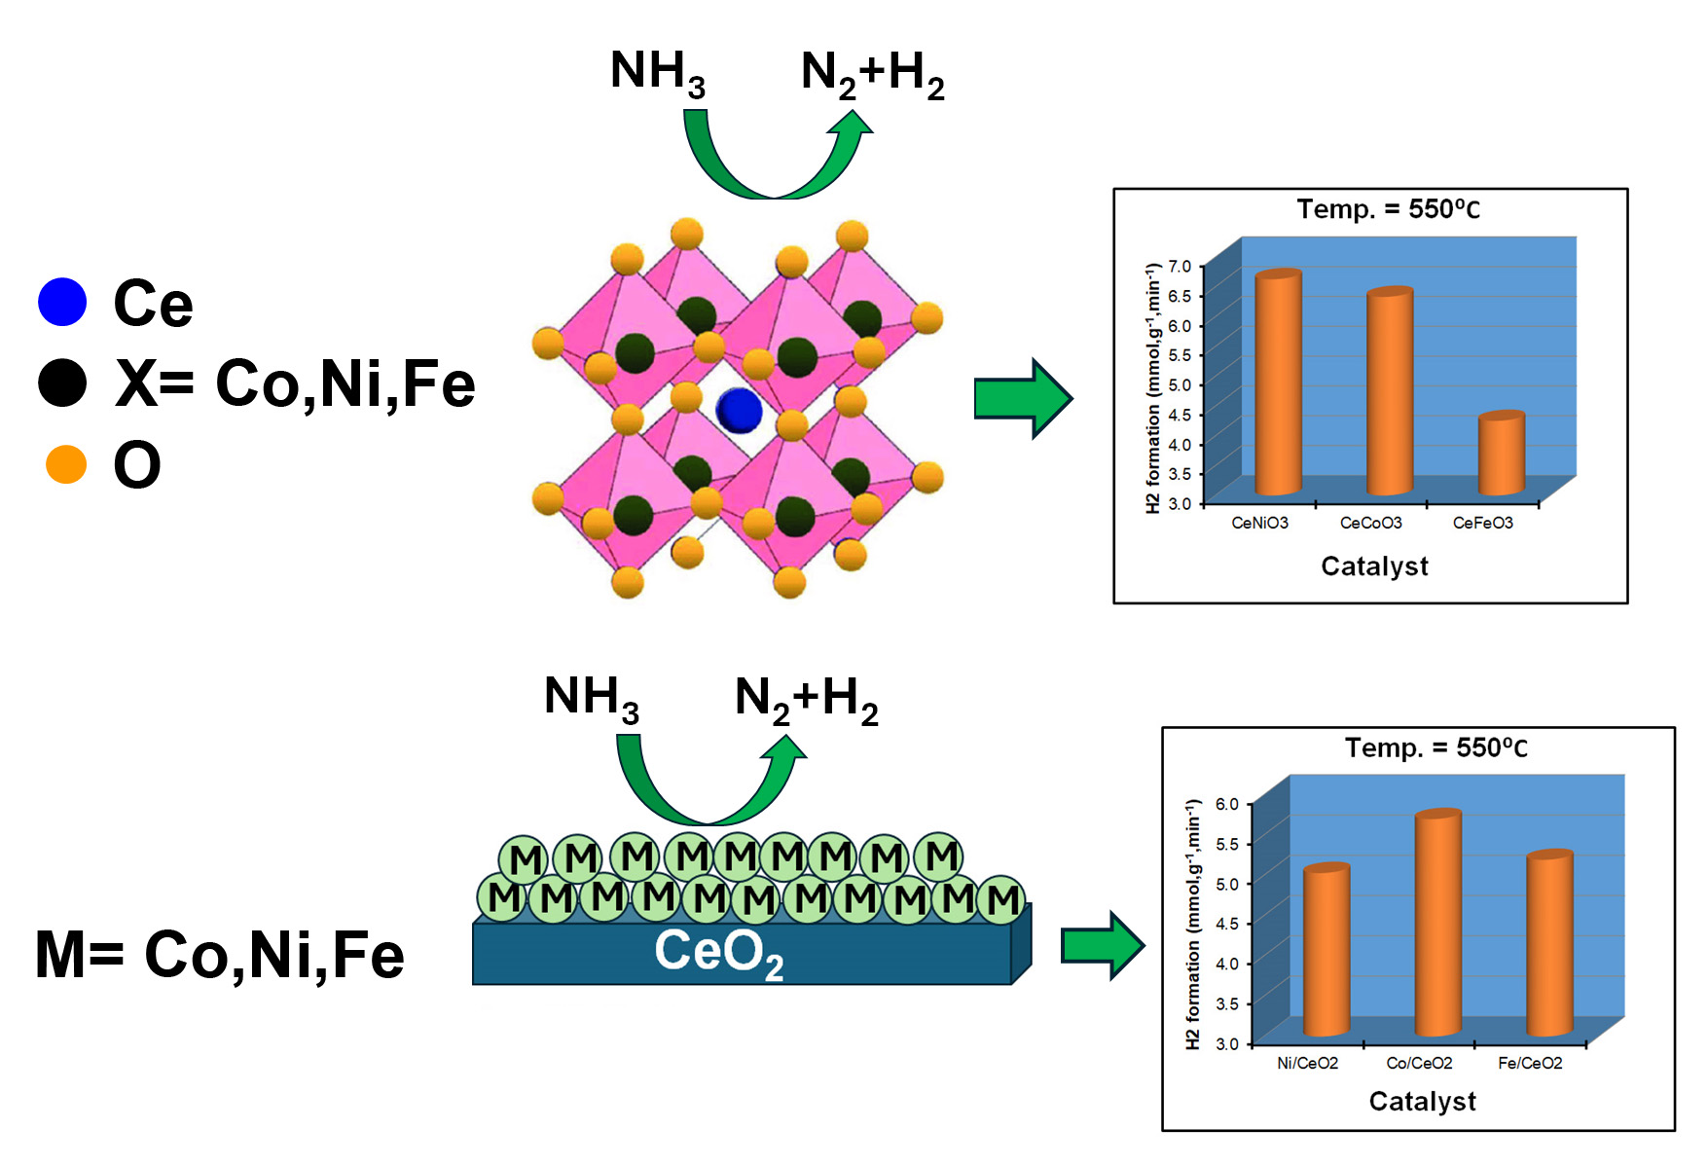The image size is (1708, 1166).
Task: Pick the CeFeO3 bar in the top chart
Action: point(1501,454)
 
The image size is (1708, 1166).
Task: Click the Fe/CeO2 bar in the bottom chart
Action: point(1549,943)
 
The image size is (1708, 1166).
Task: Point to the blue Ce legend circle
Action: point(62,302)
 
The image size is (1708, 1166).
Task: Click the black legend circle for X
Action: point(62,383)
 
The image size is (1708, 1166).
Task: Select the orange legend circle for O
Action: point(66,465)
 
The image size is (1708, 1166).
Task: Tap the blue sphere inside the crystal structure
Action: point(739,410)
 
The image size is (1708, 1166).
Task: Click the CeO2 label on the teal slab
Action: point(718,953)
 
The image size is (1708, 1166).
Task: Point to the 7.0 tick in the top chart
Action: point(1179,266)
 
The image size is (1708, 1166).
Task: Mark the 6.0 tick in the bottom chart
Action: point(1226,804)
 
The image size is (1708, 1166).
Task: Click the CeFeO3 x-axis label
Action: point(1482,524)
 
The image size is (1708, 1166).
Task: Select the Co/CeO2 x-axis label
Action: point(1419,1064)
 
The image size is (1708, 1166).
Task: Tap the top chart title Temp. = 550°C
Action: point(1388,209)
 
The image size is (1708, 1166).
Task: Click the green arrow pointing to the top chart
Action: point(1023,399)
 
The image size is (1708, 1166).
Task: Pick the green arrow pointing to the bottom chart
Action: point(1103,945)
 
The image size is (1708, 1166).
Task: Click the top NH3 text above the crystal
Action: point(657,73)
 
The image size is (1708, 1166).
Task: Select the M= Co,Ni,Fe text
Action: point(220,955)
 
